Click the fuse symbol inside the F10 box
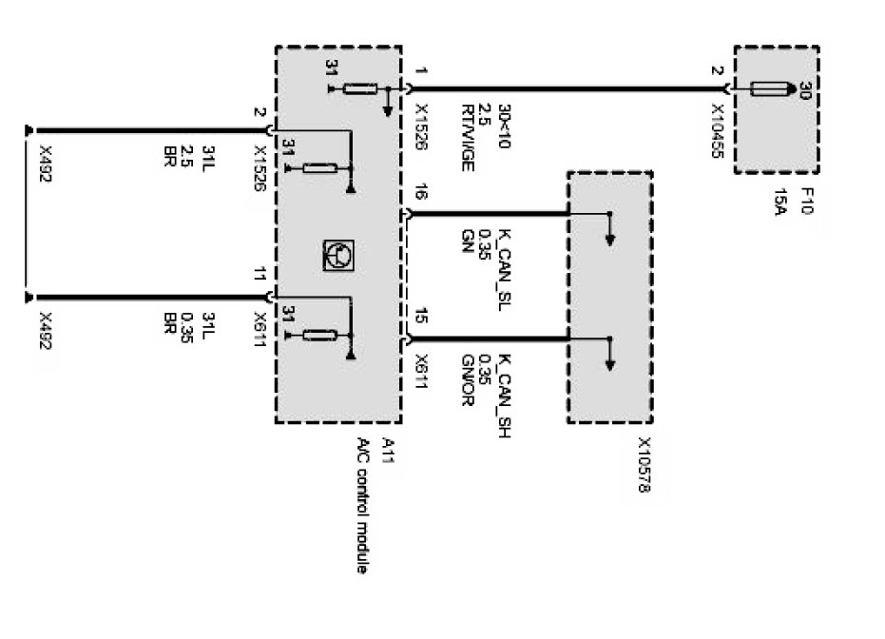point(771,89)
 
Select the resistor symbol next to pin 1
point(359,89)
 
